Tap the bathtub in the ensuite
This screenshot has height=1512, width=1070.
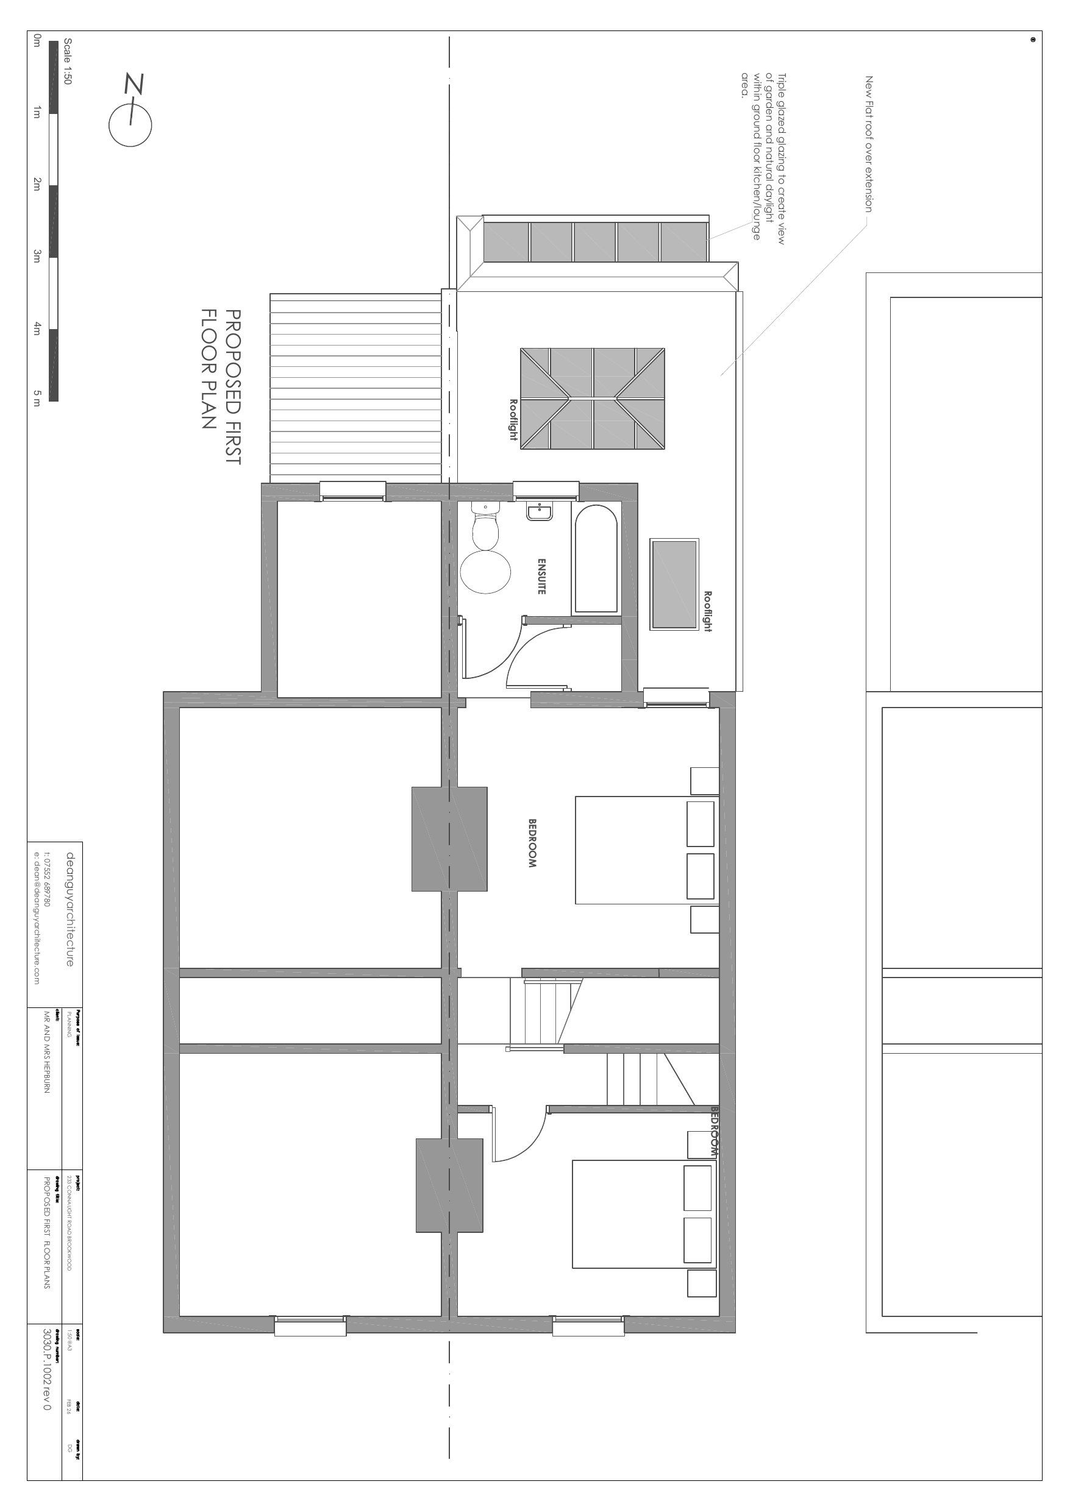596,559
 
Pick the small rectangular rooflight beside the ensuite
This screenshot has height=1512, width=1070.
674,584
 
